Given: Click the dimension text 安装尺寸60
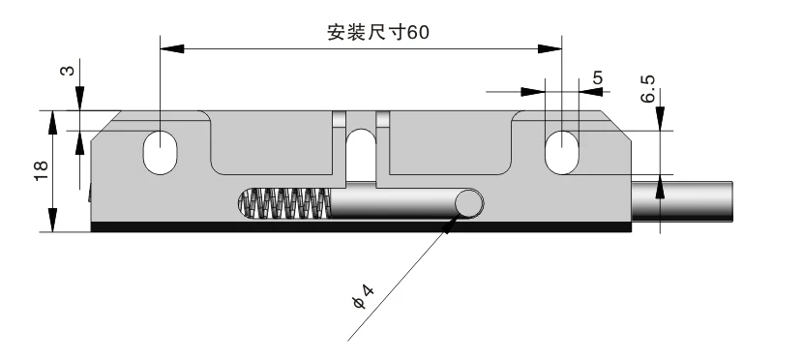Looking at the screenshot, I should click(x=376, y=32).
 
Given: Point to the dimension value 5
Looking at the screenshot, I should click(x=597, y=76).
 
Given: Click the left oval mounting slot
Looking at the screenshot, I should click(x=160, y=152).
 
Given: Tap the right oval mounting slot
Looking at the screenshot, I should click(x=561, y=152).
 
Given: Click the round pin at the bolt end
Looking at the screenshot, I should click(x=470, y=203).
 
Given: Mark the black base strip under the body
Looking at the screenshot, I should click(x=358, y=228).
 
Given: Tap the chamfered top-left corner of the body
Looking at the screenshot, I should click(x=104, y=124).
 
